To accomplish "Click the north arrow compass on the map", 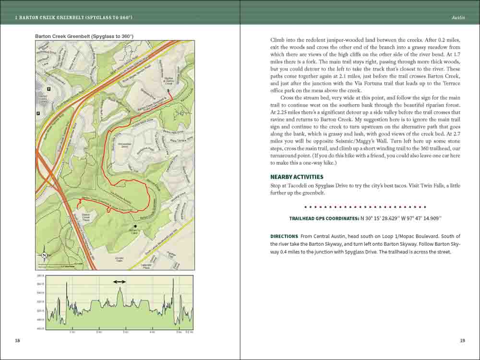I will click(x=44, y=255).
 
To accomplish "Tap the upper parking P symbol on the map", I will click(x=49, y=89).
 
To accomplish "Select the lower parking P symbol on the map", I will click(x=38, y=113).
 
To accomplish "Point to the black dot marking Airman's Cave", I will click(x=136, y=226).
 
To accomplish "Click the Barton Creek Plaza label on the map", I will click(x=86, y=217).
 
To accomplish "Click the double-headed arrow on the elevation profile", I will click(x=120, y=282).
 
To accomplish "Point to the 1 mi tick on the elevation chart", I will click(x=72, y=332).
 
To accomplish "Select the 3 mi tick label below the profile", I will click(x=125, y=332).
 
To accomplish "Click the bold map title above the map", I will click(x=84, y=36).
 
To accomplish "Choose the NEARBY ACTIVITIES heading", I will click(x=296, y=177).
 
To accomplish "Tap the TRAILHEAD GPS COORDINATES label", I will click(x=324, y=218).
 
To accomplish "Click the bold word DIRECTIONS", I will click(x=284, y=236).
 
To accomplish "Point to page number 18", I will click(x=17, y=341).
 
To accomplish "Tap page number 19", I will click(x=462, y=341).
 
